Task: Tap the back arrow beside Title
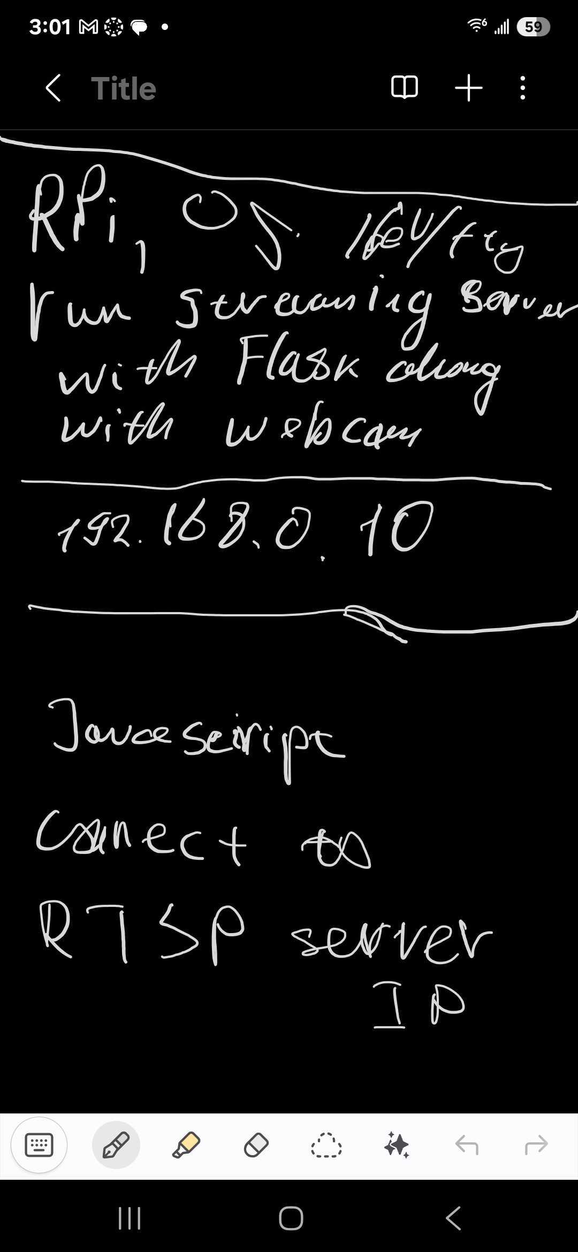click(x=53, y=88)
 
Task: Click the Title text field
click(x=124, y=88)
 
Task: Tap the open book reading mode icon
click(x=405, y=87)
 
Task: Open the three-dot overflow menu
click(x=522, y=88)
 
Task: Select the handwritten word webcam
click(x=323, y=431)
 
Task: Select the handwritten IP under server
click(x=417, y=1004)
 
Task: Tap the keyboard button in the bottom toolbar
click(x=39, y=1145)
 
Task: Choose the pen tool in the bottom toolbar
click(x=116, y=1145)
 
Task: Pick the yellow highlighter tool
click(x=186, y=1145)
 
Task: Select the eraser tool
click(x=256, y=1145)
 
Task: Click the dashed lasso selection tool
click(x=326, y=1145)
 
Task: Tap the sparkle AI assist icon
click(x=397, y=1145)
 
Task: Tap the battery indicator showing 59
click(x=533, y=27)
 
